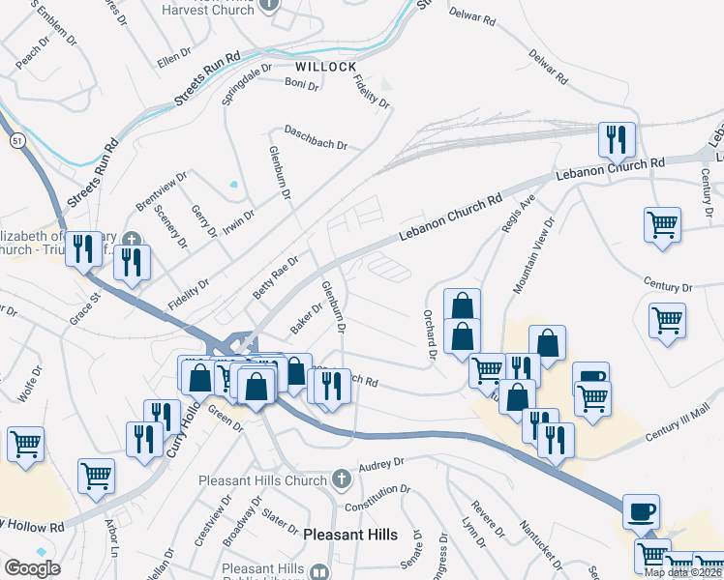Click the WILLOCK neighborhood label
[325, 68]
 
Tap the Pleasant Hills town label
[350, 534]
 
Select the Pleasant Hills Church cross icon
[340, 479]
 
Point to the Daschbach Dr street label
[315, 137]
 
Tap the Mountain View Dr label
[533, 256]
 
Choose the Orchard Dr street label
[428, 333]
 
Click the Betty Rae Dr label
[276, 275]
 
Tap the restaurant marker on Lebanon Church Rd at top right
[616, 140]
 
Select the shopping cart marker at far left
[25, 444]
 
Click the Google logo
[32, 568]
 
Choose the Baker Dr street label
[306, 316]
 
